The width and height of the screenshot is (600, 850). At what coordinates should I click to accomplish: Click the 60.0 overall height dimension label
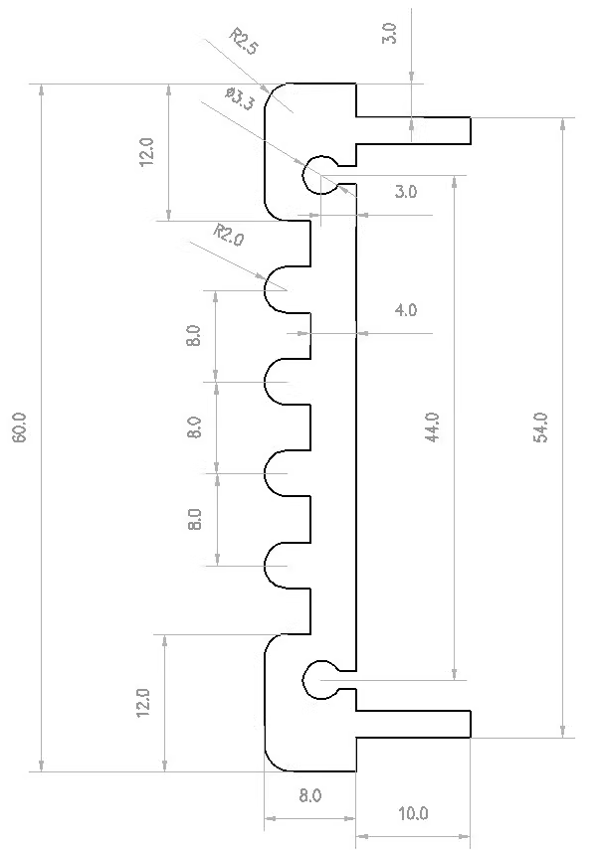(x=19, y=427)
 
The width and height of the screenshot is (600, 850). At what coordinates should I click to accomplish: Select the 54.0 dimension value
(x=541, y=427)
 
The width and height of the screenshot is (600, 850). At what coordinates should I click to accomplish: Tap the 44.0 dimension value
(x=433, y=427)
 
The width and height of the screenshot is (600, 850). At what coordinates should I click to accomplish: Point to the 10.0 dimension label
(x=413, y=813)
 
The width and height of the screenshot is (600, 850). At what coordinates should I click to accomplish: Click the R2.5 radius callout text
(x=243, y=42)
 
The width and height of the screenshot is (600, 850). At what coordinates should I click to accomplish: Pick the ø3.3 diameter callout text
(x=240, y=99)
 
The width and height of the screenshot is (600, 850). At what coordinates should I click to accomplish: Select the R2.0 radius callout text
(x=229, y=236)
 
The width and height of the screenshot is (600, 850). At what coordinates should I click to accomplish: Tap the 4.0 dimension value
(x=406, y=310)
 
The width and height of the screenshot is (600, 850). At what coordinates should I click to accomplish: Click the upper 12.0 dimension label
(x=147, y=152)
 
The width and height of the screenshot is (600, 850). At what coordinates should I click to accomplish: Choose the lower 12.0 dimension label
(x=142, y=703)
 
